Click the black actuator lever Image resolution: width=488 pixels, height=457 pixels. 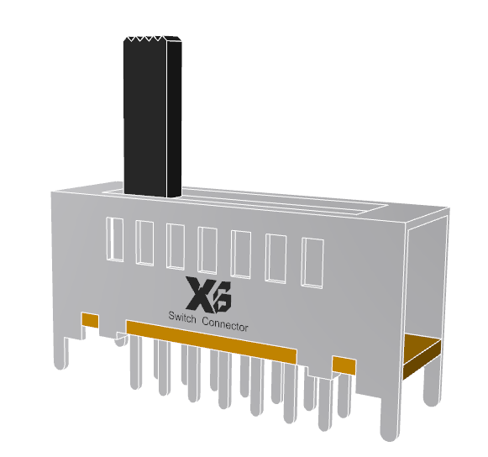tap(152, 118)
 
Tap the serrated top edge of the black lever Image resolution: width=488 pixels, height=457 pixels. tap(152, 39)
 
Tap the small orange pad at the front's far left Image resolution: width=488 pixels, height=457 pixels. tap(89, 320)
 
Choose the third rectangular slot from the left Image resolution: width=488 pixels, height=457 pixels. tap(176, 247)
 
